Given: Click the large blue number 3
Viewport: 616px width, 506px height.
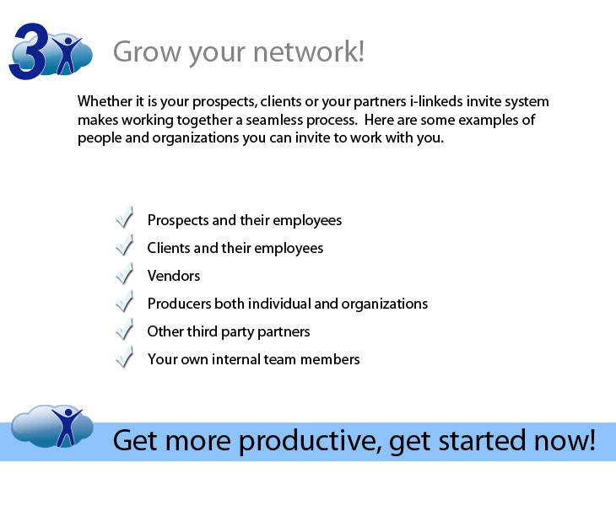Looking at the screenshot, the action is tap(29, 51).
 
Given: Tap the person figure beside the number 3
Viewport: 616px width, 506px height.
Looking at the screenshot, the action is tap(67, 55).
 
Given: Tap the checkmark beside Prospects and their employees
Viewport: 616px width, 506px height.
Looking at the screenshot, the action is tap(125, 217).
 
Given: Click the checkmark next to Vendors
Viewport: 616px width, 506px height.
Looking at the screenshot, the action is tap(125, 273).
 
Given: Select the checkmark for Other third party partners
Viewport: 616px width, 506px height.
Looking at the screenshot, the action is tap(125, 329).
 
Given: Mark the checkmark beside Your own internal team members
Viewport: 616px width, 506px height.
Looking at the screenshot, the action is tap(125, 357).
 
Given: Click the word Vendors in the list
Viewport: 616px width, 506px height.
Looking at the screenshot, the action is tap(174, 276).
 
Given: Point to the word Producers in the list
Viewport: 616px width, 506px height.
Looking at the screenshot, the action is tap(179, 304).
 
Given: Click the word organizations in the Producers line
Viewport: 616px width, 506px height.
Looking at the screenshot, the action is tap(385, 304).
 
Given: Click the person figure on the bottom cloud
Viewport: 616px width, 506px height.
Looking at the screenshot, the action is tap(67, 427).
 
